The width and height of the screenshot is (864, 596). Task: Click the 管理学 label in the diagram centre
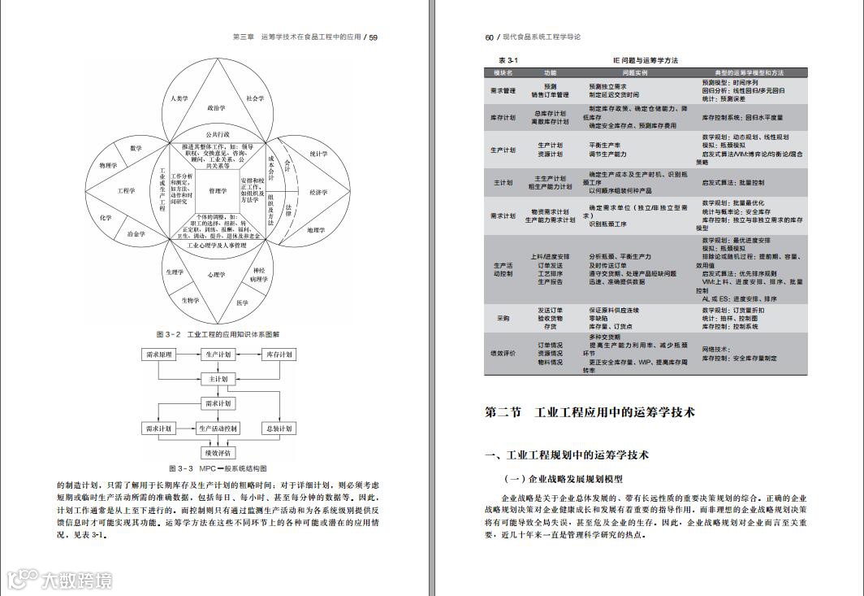pyautogui.click(x=218, y=191)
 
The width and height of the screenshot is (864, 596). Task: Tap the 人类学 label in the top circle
pyautogui.click(x=179, y=98)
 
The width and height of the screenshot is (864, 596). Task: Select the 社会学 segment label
pyautogui.click(x=255, y=98)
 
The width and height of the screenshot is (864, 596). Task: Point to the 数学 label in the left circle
pyautogui.click(x=136, y=148)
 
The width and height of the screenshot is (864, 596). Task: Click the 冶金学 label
pyautogui.click(x=136, y=234)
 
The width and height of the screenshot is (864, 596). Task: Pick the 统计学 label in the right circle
pyautogui.click(x=318, y=154)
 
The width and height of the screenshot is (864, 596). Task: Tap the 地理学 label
pyautogui.click(x=316, y=230)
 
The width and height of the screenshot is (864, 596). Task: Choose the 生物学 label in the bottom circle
pyautogui.click(x=191, y=300)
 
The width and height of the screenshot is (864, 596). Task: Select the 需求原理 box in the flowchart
pyautogui.click(x=159, y=355)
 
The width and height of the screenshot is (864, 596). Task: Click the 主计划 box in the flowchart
pyautogui.click(x=218, y=379)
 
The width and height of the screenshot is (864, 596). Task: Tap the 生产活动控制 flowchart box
pyautogui.click(x=218, y=429)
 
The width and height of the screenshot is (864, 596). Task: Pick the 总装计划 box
pyautogui.click(x=278, y=429)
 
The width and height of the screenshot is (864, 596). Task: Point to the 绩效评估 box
pyautogui.click(x=218, y=453)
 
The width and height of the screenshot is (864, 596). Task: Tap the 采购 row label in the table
pyautogui.click(x=503, y=318)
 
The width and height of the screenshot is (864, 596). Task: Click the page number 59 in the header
pyautogui.click(x=374, y=37)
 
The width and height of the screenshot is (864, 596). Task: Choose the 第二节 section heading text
pyautogui.click(x=503, y=412)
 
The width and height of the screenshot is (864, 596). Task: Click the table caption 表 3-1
pyautogui.click(x=508, y=61)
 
